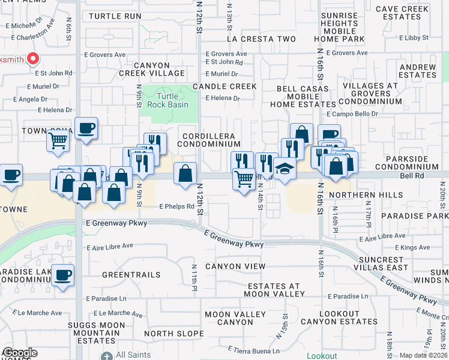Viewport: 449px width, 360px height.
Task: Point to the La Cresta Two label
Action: (x=261, y=39)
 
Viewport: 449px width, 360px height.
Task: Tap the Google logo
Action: (x=19, y=353)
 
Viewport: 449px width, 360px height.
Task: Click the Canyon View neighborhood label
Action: (x=235, y=266)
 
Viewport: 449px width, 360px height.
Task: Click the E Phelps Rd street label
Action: (x=176, y=206)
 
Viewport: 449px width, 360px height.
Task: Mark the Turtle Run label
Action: (x=115, y=16)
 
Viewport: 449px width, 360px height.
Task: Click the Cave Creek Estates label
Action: (x=406, y=13)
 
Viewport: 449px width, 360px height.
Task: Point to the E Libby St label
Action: (x=414, y=37)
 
